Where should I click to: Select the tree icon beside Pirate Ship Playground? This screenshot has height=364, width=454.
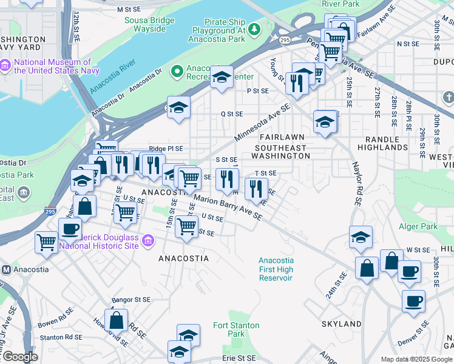pos(256,29)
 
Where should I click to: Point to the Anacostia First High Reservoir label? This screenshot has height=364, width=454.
pos(276,269)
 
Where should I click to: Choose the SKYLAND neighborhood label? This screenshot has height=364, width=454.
pos(344,325)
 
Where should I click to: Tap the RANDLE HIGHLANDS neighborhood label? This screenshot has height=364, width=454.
pos(382,143)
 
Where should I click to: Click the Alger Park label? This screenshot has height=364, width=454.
pos(418,227)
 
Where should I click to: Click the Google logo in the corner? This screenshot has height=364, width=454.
pos(19,357)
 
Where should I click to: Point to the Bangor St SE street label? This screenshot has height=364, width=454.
pos(131,300)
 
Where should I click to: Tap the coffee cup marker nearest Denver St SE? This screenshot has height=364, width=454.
pos(413,300)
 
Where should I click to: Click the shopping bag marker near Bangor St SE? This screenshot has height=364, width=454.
pos(116,319)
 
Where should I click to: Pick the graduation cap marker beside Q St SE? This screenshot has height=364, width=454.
pos(178,107)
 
